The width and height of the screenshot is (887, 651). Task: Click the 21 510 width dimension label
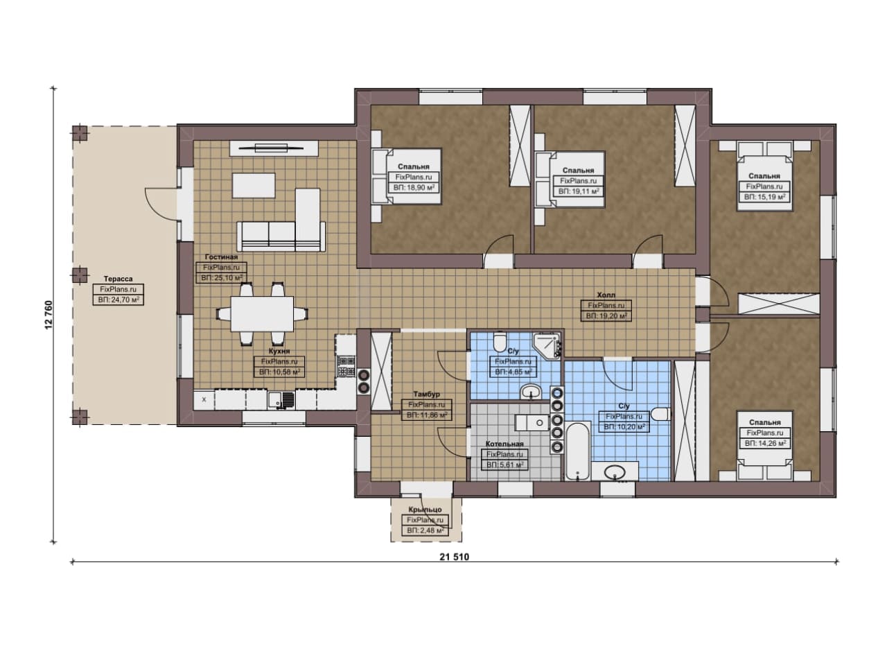coord(454,557)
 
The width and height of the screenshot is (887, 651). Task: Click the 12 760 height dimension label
coord(49,315)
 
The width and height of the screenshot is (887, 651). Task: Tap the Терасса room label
coord(118,279)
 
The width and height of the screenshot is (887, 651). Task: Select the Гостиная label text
coord(221,257)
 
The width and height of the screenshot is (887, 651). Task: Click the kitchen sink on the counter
coord(281,400)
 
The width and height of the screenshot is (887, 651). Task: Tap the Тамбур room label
coord(426,394)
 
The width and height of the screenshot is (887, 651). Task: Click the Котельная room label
coord(504,444)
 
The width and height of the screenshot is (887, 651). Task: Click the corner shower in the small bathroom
coord(547,346)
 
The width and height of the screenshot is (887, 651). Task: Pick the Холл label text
coord(606,295)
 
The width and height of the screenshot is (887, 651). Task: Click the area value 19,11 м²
coord(578,191)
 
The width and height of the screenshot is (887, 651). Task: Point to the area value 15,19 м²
coord(764,197)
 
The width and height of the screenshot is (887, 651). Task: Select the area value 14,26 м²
coord(765,444)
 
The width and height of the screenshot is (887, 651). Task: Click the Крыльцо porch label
coord(425,510)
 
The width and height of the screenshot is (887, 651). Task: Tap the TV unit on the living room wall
coord(274,148)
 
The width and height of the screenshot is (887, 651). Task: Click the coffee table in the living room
coord(254,185)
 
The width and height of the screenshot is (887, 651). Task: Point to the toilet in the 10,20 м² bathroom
coord(661,415)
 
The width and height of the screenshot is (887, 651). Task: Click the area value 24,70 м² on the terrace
coord(118,300)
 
